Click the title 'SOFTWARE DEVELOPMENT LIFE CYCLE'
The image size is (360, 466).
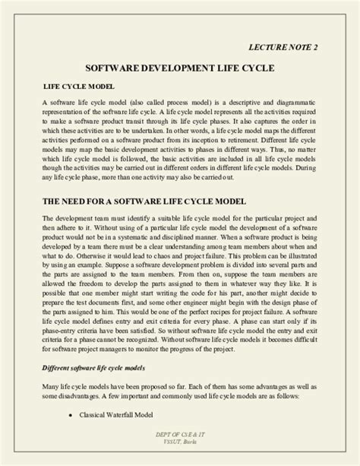[179, 68]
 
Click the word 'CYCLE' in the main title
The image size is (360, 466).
[252, 68]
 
